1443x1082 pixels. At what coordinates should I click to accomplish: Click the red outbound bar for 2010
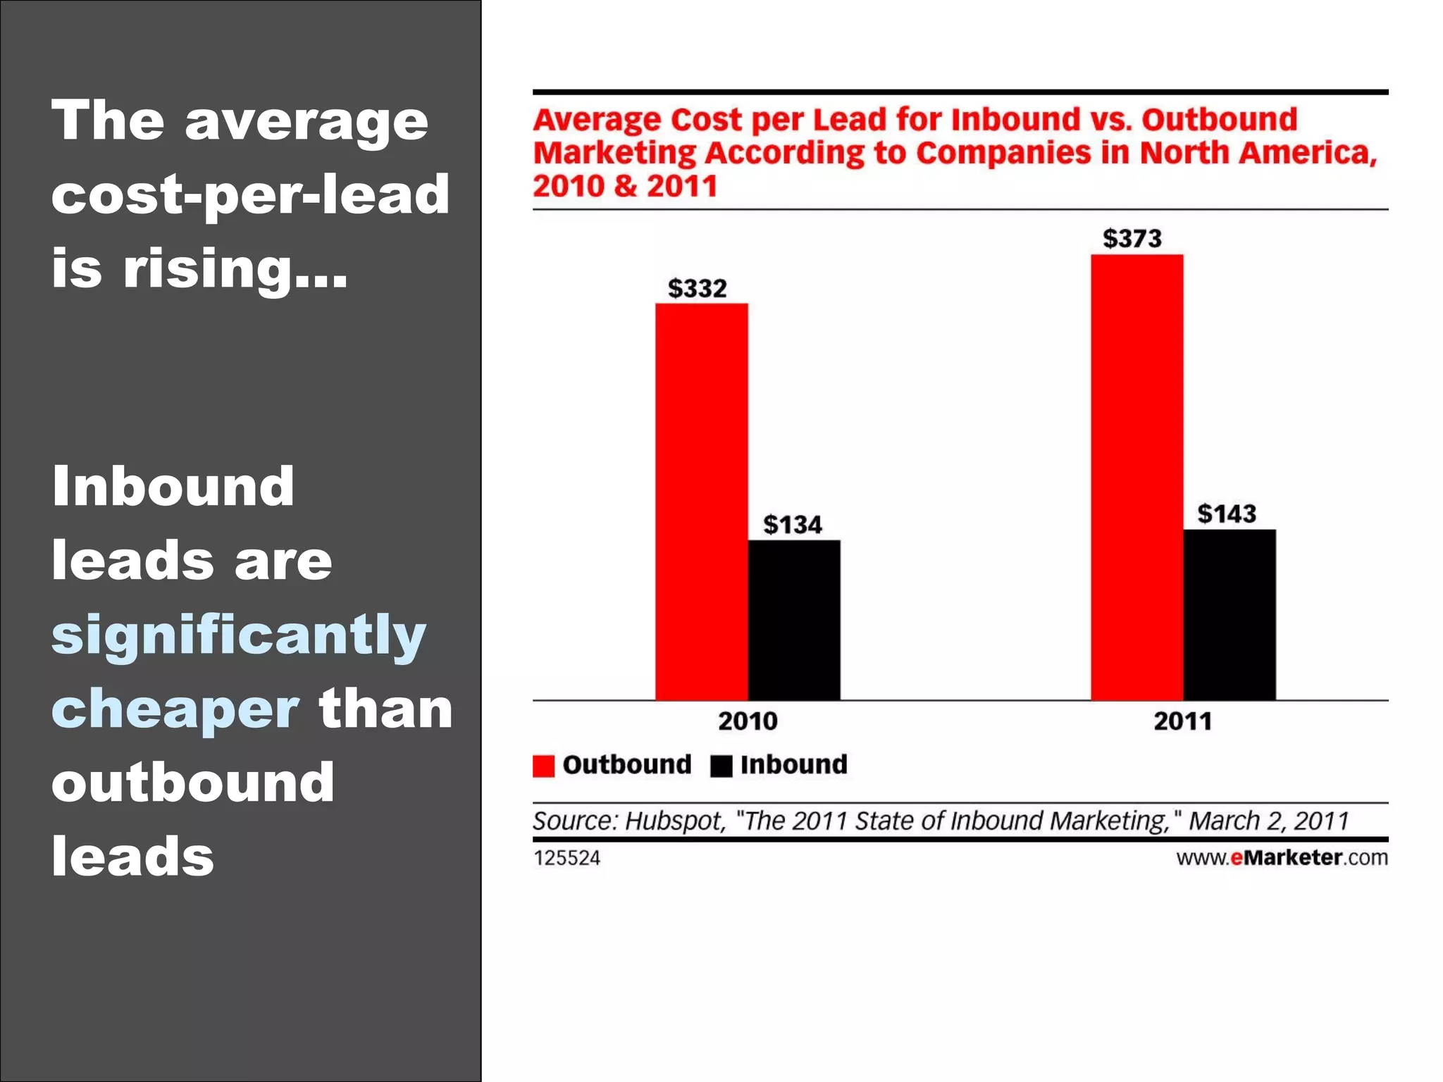[701, 502]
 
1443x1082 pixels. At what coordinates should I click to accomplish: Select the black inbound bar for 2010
[793, 620]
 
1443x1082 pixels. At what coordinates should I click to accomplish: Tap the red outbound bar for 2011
[1137, 477]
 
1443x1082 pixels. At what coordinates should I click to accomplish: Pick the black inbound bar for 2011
[1229, 614]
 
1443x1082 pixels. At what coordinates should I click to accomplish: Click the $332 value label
[697, 288]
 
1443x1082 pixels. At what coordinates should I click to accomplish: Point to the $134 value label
[792, 525]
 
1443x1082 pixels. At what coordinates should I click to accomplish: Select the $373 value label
[1132, 238]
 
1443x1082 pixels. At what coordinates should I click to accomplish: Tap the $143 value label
[1226, 514]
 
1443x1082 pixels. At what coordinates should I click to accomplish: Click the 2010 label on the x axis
[748, 721]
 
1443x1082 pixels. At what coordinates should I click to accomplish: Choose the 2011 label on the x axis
[1182, 721]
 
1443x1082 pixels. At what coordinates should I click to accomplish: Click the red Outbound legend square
[543, 766]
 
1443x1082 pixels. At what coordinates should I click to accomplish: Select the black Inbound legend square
[721, 766]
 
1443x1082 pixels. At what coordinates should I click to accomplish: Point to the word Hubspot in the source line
[675, 821]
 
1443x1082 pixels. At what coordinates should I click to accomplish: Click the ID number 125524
[566, 858]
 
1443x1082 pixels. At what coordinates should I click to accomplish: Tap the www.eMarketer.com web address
[1282, 857]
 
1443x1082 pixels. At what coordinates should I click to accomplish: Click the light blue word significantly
[238, 635]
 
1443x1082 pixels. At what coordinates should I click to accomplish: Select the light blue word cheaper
[175, 709]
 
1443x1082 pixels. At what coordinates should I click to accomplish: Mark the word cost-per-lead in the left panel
[250, 194]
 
